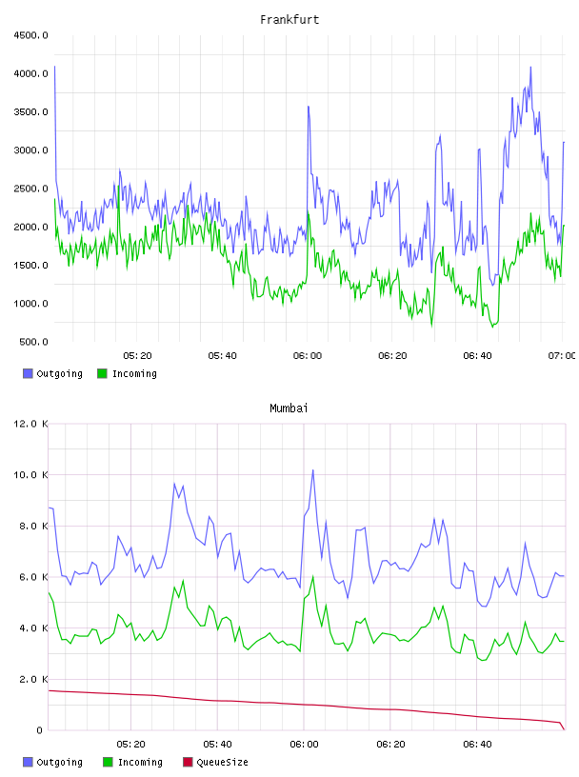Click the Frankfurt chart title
click(289, 20)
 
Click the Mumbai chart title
click(289, 408)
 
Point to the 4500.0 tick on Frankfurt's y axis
click(30, 35)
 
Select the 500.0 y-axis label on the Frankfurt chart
click(33, 342)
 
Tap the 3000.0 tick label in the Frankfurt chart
click(30, 150)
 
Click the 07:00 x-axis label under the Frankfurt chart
click(562, 356)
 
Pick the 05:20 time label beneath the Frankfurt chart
click(137, 356)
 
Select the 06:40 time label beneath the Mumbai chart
click(477, 745)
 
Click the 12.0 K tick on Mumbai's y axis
click(30, 424)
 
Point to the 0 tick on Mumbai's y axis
click(40, 730)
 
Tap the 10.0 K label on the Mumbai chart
click(30, 475)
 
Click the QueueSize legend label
click(222, 762)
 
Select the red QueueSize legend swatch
click(188, 762)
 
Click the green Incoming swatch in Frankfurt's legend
click(102, 373)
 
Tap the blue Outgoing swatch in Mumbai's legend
click(28, 762)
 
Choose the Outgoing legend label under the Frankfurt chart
click(59, 373)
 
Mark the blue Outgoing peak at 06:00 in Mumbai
click(312, 470)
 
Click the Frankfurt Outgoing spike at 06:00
click(309, 107)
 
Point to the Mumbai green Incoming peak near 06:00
click(312, 577)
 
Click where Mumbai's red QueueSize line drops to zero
click(564, 729)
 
